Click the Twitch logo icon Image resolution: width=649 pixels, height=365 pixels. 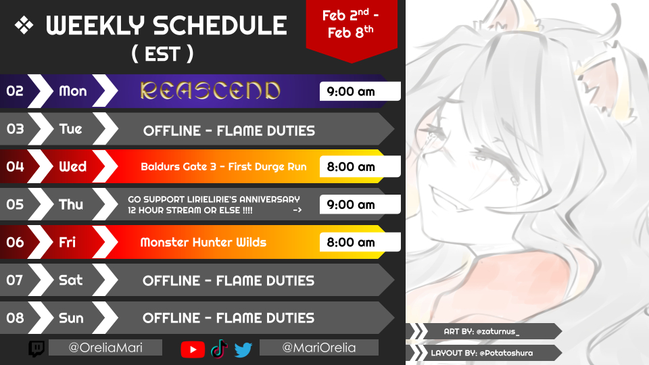click(x=37, y=349)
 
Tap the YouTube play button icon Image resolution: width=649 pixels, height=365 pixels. click(x=193, y=349)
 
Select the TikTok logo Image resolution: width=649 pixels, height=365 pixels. click(x=219, y=349)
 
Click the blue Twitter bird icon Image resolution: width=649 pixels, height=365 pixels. click(x=243, y=349)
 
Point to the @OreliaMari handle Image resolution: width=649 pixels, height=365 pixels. click(x=105, y=347)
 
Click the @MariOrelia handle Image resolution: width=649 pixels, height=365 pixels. click(x=318, y=347)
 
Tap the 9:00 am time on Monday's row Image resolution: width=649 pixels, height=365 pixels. click(x=351, y=91)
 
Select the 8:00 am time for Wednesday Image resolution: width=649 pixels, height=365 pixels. click(x=351, y=167)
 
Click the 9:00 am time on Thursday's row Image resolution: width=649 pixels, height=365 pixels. click(x=351, y=204)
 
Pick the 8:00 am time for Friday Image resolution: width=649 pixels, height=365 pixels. click(x=351, y=242)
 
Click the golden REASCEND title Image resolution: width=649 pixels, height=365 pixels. click(x=210, y=91)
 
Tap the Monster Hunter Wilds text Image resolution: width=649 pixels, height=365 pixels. click(x=203, y=242)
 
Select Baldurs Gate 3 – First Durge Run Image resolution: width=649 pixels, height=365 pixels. click(x=224, y=167)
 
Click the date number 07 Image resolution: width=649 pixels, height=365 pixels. click(x=14, y=280)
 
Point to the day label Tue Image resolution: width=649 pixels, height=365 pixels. click(x=71, y=129)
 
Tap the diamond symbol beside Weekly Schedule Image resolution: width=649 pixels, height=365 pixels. click(x=24, y=25)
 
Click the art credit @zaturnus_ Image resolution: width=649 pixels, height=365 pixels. click(x=498, y=331)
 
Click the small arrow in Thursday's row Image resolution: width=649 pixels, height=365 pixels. click(x=297, y=210)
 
